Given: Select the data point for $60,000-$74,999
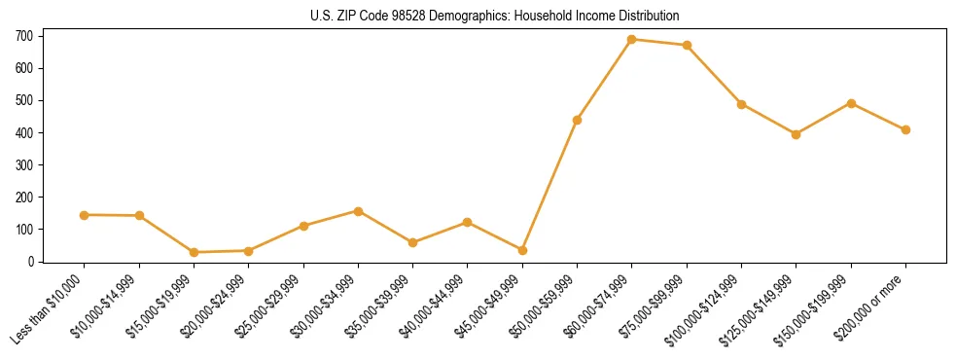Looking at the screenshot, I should pos(632,40).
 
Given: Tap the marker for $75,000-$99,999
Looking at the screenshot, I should pos(687,45).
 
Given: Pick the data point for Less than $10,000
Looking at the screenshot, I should pos(85,215).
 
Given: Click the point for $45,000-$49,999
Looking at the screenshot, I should pos(522,250).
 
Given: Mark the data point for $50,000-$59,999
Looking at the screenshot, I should pos(577,120).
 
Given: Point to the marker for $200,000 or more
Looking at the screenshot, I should pos(905,129).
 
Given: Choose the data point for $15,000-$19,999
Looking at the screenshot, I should pos(194,252).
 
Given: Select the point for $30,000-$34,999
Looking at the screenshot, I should pos(358,211).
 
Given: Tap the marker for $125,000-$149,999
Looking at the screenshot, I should pos(796,134).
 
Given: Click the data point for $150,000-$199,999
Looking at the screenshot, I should pos(851,103).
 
